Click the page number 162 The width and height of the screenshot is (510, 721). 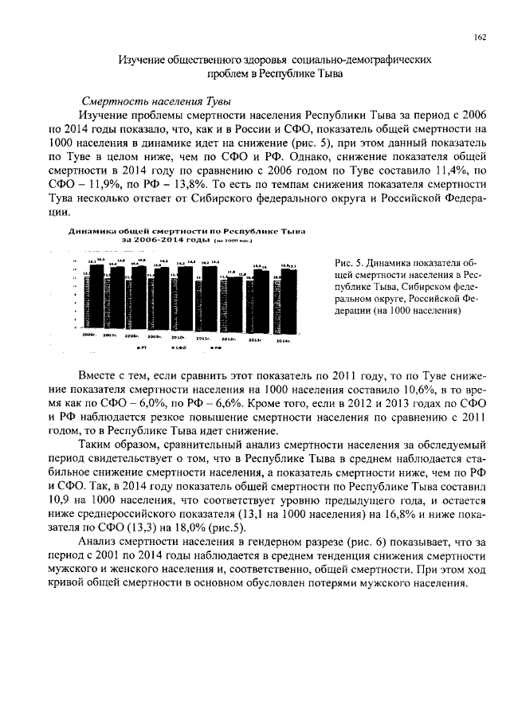(481, 36)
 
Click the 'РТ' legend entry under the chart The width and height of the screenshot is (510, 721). (142, 348)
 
